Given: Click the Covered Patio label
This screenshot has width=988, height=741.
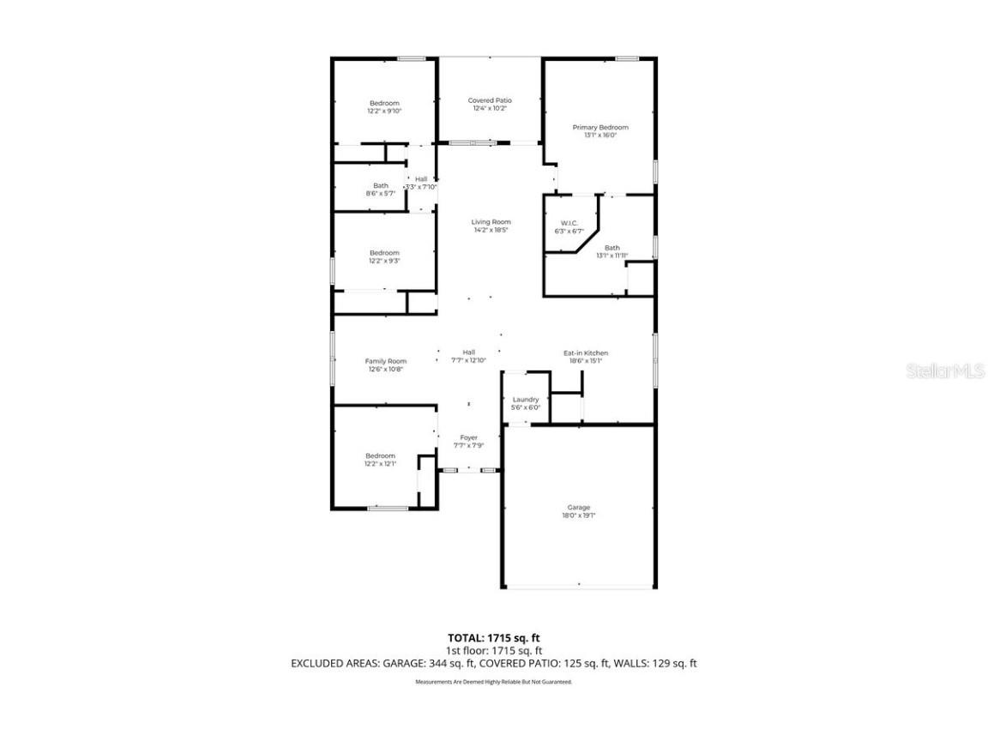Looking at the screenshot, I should pyautogui.click(x=490, y=100).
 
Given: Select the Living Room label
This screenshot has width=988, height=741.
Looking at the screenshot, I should pyautogui.click(x=491, y=222).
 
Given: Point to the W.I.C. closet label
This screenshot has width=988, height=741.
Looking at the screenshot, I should pyautogui.click(x=569, y=223).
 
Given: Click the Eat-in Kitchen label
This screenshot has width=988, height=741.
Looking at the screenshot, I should pyautogui.click(x=586, y=352).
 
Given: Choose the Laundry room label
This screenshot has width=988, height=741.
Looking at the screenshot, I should pyautogui.click(x=526, y=400).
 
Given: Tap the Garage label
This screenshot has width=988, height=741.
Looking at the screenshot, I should pyautogui.click(x=579, y=507).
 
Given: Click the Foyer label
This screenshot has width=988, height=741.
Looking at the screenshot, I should pyautogui.click(x=468, y=437).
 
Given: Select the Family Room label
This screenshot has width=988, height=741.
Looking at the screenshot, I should pyautogui.click(x=386, y=361).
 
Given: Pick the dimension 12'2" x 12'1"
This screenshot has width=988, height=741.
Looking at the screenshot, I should pyautogui.click(x=381, y=464).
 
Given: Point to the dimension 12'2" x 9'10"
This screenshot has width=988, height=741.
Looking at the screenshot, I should pyautogui.click(x=384, y=111).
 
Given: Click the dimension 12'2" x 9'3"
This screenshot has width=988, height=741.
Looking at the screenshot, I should pyautogui.click(x=384, y=261).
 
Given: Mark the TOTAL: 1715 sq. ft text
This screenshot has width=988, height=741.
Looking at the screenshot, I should pyautogui.click(x=494, y=637).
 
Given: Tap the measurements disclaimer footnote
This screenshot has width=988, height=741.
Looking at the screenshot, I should pyautogui.click(x=494, y=682).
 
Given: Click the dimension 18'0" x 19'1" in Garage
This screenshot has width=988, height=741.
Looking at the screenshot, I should pyautogui.click(x=579, y=515).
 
